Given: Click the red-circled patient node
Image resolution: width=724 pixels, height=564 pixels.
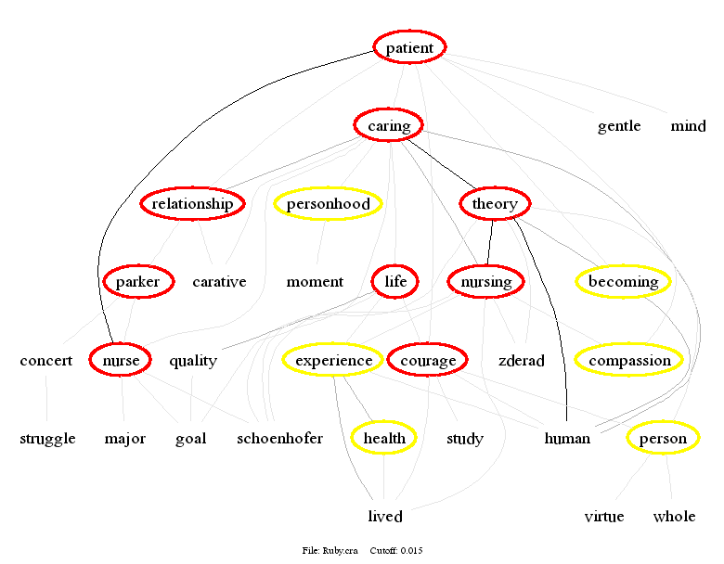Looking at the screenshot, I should click(409, 47).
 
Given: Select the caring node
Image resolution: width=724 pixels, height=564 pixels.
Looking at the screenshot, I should click(389, 125).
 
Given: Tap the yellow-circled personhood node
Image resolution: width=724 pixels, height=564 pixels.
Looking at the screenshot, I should click(329, 204).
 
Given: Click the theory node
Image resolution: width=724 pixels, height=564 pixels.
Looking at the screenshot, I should click(495, 204).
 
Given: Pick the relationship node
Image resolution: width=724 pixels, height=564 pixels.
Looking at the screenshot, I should click(193, 204).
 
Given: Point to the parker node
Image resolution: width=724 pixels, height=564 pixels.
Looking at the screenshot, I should click(138, 282).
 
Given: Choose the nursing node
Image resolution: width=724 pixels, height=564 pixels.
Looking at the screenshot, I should click(485, 282).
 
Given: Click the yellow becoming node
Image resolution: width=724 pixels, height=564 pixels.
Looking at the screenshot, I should click(623, 282).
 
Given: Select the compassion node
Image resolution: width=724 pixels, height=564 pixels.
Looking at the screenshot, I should click(629, 361).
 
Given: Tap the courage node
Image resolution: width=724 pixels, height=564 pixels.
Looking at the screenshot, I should click(428, 361).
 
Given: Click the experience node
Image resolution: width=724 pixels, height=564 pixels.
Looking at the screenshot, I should click(333, 361).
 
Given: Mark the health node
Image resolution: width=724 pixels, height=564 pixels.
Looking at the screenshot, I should click(384, 439).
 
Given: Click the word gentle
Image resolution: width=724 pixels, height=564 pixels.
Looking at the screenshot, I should click(619, 126).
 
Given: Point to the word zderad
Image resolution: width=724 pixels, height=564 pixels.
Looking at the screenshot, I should click(521, 361).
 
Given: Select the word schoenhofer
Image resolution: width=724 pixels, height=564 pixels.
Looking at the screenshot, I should click(279, 439).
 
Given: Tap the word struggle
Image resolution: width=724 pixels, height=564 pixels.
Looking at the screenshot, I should click(47, 439).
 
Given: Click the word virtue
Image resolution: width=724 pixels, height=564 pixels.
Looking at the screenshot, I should click(604, 517).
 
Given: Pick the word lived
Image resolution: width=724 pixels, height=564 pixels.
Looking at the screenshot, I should click(385, 517).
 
